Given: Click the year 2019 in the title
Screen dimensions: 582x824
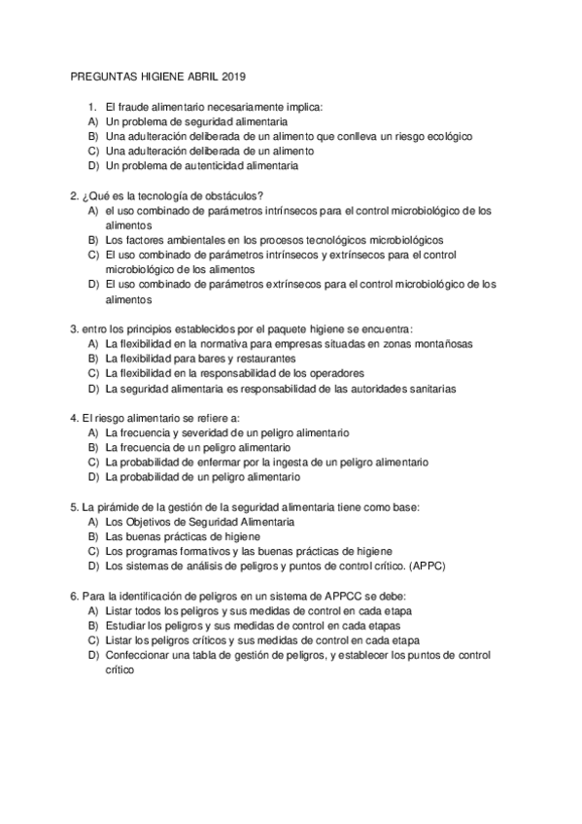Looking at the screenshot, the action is point(234,75).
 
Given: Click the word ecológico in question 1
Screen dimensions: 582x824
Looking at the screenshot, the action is point(443,137).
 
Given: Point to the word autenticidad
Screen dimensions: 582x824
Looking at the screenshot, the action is point(207,166).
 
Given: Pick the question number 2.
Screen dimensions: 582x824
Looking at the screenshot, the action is point(75,195).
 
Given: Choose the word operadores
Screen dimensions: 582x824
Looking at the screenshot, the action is point(331,373).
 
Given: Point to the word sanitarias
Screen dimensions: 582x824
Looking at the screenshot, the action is point(425,389).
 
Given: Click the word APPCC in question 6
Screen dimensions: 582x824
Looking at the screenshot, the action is point(343,596).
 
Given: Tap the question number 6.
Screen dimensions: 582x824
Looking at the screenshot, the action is point(75,596).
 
